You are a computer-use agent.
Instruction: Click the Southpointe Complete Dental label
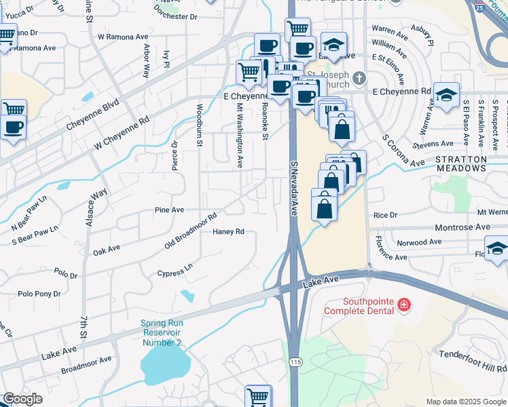coord(359,306)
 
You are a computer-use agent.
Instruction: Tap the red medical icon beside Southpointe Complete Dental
coord(405,305)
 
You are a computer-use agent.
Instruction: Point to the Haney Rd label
coord(228,232)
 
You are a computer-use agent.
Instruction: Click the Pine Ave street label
coord(169,210)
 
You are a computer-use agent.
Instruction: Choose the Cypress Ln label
coord(175,271)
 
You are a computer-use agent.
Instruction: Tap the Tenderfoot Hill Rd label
coord(473,361)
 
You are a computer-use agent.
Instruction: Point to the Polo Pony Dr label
coord(39,294)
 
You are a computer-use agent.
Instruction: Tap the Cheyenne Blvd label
coord(93,115)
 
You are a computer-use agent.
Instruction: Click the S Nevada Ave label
coord(295,188)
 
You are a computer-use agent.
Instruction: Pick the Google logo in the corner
coord(22,399)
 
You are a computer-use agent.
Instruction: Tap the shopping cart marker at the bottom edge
coord(258,396)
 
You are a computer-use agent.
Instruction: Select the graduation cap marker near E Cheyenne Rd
coord(446,95)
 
